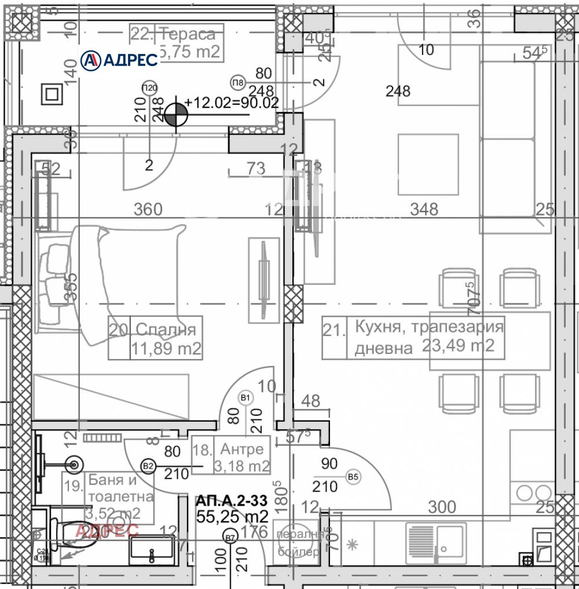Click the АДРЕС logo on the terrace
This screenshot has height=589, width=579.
[119, 60]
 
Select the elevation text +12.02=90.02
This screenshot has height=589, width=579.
[232, 103]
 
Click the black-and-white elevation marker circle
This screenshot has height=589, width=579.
[175, 115]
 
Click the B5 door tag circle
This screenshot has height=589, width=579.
[353, 477]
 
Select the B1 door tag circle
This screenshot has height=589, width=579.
[245, 397]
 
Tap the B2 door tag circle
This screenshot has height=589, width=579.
[148, 465]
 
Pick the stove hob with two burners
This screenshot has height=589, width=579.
[532, 493]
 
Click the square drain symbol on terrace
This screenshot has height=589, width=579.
[51, 94]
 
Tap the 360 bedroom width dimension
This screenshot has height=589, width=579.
[148, 209]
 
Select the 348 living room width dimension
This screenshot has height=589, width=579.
[424, 209]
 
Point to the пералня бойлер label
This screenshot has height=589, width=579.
[298, 543]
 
